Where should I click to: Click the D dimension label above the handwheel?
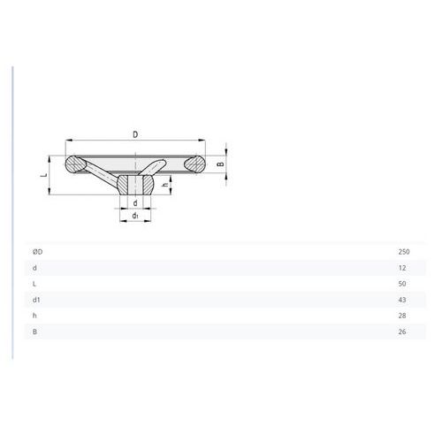[135, 134]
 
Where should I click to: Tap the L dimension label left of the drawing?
[44, 175]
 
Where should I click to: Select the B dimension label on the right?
[221, 164]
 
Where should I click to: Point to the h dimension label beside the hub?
[166, 184]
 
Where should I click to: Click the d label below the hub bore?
[135, 203]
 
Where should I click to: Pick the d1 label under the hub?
[135, 216]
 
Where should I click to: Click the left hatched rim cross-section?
[76, 164]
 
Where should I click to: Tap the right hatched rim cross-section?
[194, 164]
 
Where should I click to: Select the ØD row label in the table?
[38, 252]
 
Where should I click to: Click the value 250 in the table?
[404, 252]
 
